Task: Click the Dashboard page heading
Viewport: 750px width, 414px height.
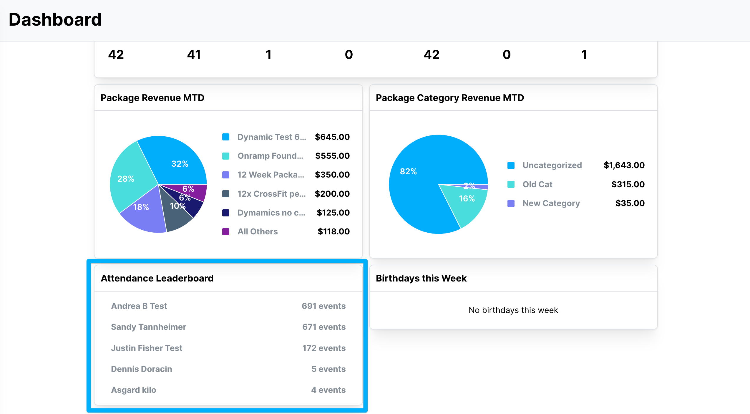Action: tap(55, 19)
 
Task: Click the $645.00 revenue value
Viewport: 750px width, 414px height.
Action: tap(332, 137)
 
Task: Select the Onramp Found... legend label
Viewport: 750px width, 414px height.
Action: tap(270, 156)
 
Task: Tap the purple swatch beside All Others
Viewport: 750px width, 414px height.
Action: tap(226, 231)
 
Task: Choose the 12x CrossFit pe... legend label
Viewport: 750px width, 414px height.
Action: tap(272, 194)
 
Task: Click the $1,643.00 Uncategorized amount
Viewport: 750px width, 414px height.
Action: tap(624, 165)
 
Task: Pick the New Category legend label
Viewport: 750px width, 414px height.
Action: tap(551, 203)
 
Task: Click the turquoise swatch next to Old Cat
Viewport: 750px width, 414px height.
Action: tap(511, 184)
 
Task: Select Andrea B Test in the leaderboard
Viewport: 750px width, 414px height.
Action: tap(139, 306)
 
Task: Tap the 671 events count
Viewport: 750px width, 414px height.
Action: tap(324, 327)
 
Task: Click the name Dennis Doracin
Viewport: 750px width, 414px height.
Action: tap(141, 369)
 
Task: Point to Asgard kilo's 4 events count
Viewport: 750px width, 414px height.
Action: tap(328, 390)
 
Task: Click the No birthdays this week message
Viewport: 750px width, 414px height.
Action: tap(513, 310)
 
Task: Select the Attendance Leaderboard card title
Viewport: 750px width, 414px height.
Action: tap(157, 278)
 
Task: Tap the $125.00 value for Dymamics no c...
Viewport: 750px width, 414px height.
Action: tap(333, 213)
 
